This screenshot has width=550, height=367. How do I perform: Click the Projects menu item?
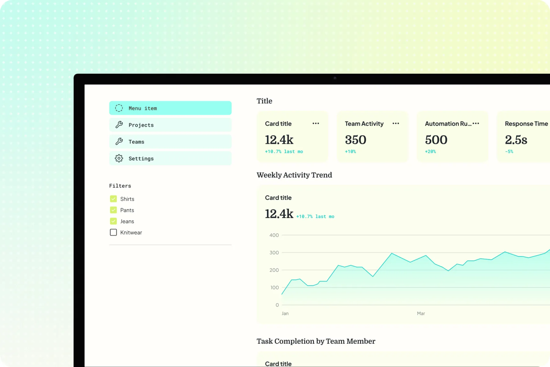point(170,125)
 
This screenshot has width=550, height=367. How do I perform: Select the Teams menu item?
point(170,142)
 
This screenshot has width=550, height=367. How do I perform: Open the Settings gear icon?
point(119,158)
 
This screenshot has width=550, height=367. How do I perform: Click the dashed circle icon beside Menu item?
point(119,108)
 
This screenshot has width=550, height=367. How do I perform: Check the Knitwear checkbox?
point(113,232)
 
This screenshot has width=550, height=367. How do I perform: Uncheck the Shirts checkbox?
point(113,199)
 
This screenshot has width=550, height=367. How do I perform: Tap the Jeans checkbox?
point(113,221)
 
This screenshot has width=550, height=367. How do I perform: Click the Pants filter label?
point(127,210)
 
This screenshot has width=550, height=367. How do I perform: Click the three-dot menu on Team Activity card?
point(396,124)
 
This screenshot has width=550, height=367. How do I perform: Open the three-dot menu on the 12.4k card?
point(316,124)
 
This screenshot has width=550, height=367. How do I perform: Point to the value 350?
point(355,140)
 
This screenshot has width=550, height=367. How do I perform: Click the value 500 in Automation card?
point(436,140)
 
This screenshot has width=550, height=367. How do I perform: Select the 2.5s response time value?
point(516,140)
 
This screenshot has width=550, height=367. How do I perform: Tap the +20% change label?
point(430,152)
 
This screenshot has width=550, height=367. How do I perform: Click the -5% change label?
point(509,152)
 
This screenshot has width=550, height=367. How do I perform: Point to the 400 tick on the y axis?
point(274,235)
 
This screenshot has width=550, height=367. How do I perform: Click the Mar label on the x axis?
point(421,313)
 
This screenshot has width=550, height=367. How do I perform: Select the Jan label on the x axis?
point(285,313)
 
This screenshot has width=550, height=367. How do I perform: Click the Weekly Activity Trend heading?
point(294,175)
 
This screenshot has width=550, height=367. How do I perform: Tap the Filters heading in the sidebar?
point(120,186)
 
